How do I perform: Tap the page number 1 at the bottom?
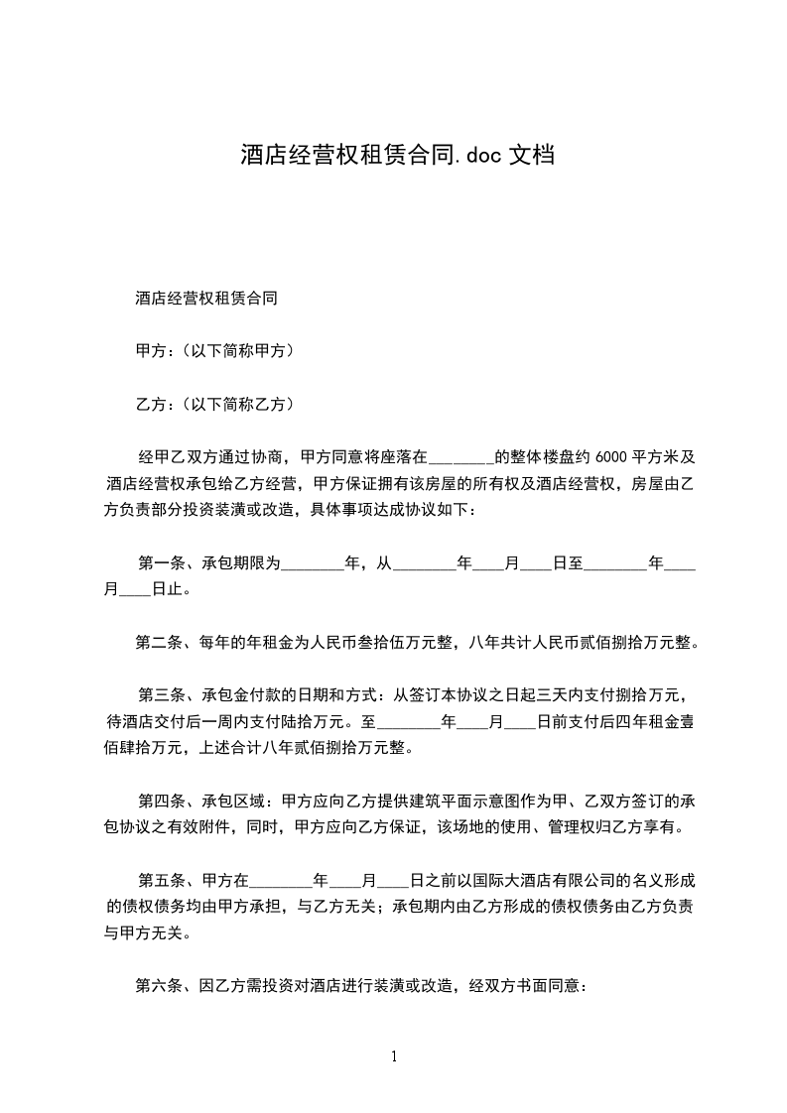coord(394,1056)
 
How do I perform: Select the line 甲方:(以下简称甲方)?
coord(213,351)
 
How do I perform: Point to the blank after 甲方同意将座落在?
coord(459,459)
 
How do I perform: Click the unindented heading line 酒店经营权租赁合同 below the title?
coord(205,298)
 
